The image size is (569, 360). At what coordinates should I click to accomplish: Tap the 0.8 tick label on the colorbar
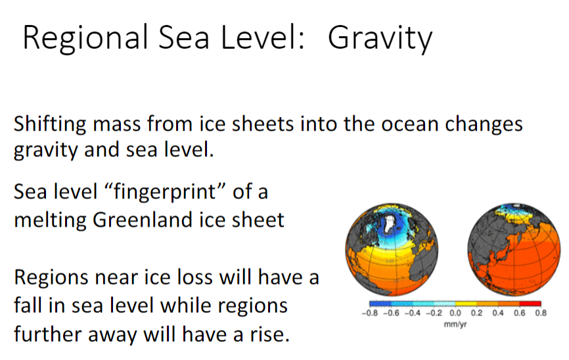point(541,313)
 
